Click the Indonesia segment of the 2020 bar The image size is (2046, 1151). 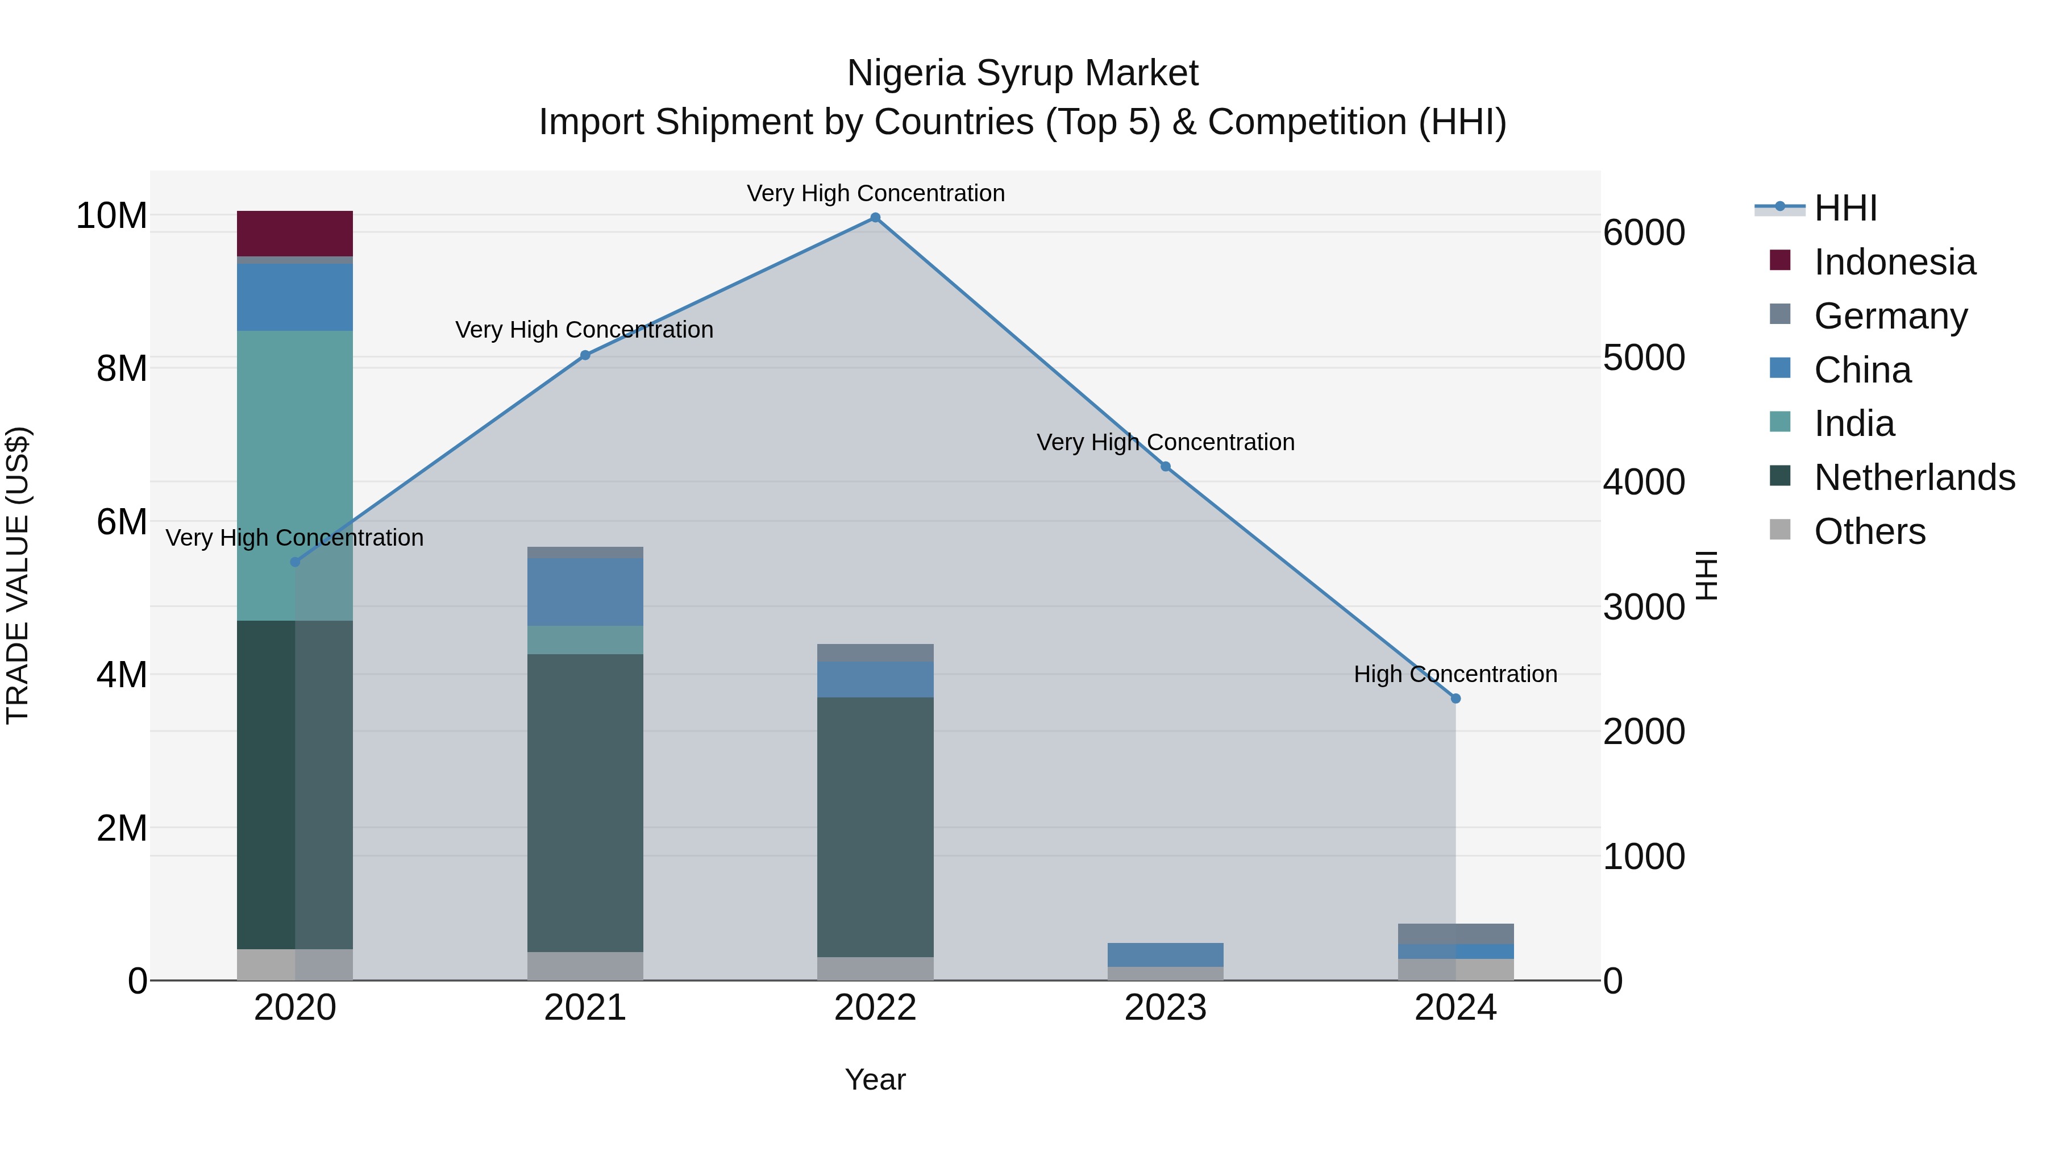coord(294,234)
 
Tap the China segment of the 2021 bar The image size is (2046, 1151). coord(585,592)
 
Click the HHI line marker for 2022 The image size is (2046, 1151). coord(875,218)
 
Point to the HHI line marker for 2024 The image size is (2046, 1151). coord(1455,698)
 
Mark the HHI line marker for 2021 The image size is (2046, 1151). coord(585,355)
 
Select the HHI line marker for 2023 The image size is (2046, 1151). coord(1165,466)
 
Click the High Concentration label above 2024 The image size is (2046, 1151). coord(1455,674)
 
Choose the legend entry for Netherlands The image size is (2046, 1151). coord(1914,477)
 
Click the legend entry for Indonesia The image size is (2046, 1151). coord(1894,262)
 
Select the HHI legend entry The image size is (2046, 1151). coord(1845,208)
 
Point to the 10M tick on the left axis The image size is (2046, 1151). coord(111,215)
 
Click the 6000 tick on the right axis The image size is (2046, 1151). coord(1643,232)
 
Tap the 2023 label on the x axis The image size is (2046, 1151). coord(1165,1008)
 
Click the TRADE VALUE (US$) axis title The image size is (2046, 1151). coord(18,575)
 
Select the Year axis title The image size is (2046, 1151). coord(875,1079)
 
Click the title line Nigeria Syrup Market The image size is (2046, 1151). coord(1022,73)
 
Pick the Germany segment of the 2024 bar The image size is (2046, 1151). coord(1455,933)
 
